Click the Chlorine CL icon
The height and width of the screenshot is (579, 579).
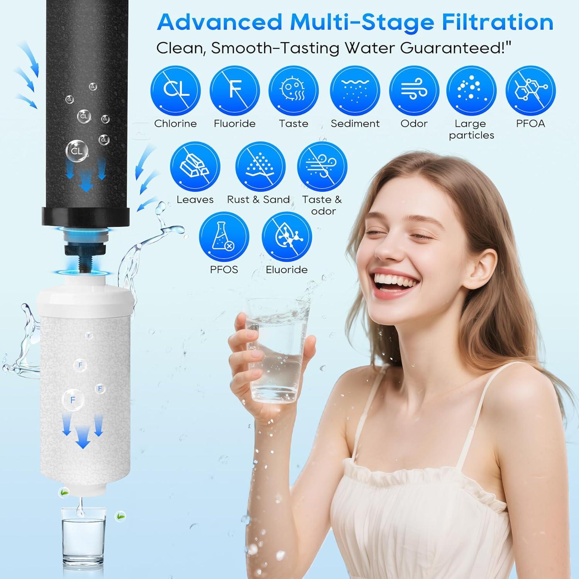click(176, 91)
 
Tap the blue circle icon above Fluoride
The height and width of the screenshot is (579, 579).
click(235, 91)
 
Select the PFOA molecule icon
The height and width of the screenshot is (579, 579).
click(530, 91)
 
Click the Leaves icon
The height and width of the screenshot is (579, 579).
click(195, 167)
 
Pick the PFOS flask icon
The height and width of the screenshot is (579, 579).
click(224, 237)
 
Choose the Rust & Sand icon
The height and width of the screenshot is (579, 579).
click(260, 167)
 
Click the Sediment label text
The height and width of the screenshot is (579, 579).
click(355, 124)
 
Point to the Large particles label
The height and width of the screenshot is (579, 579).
click(471, 129)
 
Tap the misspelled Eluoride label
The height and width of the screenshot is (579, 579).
click(286, 269)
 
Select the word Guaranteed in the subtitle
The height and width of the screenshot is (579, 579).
click(452, 48)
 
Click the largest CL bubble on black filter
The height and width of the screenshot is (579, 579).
click(77, 151)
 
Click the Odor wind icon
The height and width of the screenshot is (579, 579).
click(414, 91)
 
